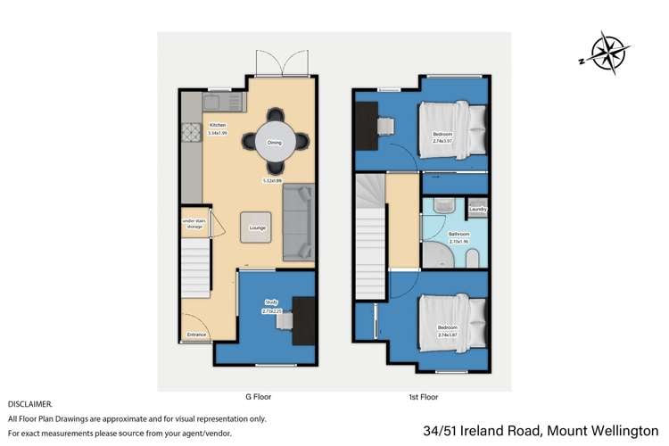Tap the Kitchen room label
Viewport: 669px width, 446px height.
point(218,125)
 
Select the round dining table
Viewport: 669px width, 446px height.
point(276,142)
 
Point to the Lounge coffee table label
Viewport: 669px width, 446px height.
point(257,227)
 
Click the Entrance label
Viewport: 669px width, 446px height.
point(196,334)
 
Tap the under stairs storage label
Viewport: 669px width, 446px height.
point(193,223)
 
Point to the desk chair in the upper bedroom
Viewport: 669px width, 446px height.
point(386,126)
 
